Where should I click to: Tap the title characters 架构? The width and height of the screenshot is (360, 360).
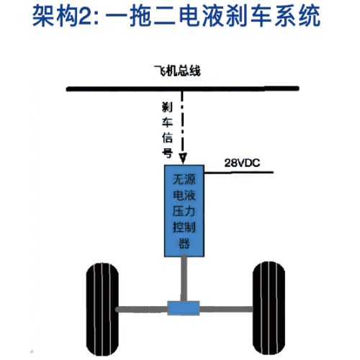(55, 17)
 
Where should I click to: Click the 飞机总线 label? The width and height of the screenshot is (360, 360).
(177, 71)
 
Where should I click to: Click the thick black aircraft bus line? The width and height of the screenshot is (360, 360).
(183, 89)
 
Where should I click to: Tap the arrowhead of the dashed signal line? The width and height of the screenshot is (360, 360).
(183, 158)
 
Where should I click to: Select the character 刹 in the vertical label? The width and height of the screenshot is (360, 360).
(167, 107)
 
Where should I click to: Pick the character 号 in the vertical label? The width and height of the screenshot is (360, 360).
(167, 153)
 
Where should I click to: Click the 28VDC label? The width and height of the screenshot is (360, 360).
(242, 163)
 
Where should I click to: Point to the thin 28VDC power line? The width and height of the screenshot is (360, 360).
(239, 172)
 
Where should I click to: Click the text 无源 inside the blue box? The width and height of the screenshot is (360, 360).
(184, 179)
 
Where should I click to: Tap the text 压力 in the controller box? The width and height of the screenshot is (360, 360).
(184, 212)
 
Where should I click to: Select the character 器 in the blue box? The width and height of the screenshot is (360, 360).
(184, 243)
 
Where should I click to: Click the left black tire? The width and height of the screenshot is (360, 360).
(102, 309)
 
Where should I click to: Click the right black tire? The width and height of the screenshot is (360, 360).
(269, 308)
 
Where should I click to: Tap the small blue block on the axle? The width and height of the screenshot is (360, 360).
(184, 308)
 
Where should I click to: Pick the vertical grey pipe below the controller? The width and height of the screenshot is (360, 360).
(184, 279)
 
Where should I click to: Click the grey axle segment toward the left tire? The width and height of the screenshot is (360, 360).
(142, 310)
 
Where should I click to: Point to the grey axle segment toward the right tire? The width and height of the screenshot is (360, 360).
(226, 310)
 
